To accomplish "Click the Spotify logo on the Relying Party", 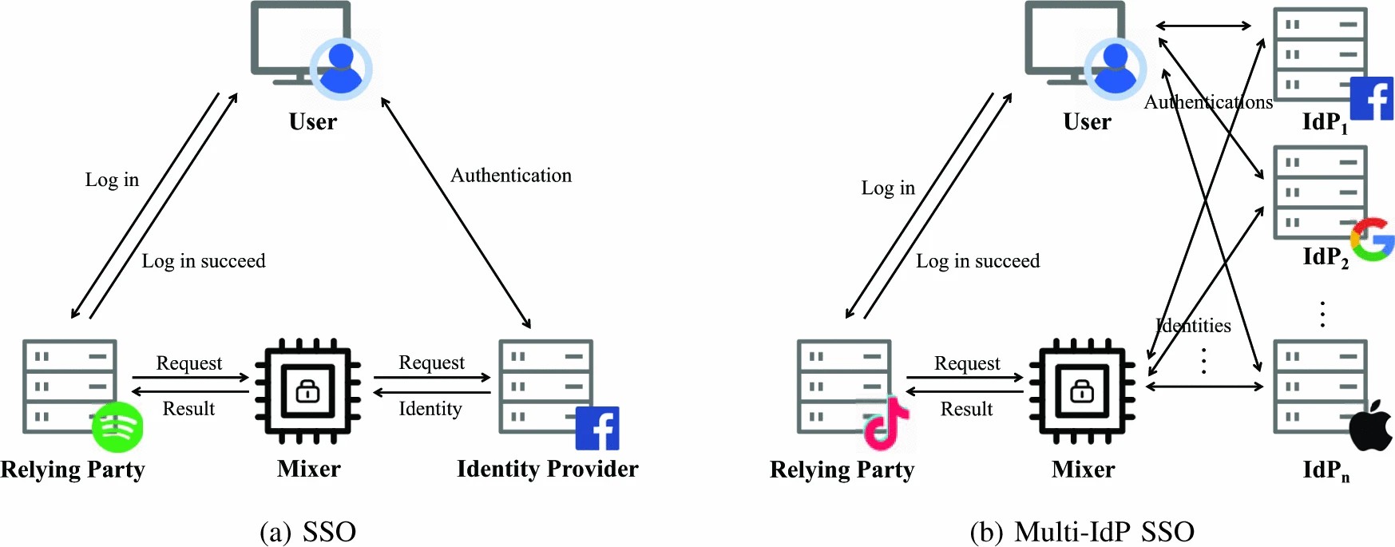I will pyautogui.click(x=117, y=427).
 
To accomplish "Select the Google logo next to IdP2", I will pyautogui.click(x=1373, y=240).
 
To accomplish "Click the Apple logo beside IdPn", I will pyautogui.click(x=1371, y=426).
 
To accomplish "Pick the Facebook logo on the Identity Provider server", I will pyautogui.click(x=597, y=429).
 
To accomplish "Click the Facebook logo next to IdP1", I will pyautogui.click(x=1372, y=98).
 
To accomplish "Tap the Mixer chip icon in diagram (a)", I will pyautogui.click(x=308, y=390).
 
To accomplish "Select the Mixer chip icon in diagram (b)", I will pyautogui.click(x=1082, y=390).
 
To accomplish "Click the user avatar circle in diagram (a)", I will pyautogui.click(x=341, y=68).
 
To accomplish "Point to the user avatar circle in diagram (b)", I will pyautogui.click(x=1115, y=68).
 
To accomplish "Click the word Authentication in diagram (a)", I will pyautogui.click(x=511, y=176).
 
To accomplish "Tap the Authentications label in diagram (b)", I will pyautogui.click(x=1208, y=102).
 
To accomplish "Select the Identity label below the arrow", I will pyautogui.click(x=430, y=409).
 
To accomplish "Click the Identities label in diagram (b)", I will pyautogui.click(x=1194, y=326).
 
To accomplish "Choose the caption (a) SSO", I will pyautogui.click(x=308, y=531).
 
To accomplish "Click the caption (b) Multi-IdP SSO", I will pyautogui.click(x=1082, y=531).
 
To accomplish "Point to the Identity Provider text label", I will pyautogui.click(x=547, y=469).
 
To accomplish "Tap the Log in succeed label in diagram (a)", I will pyautogui.click(x=204, y=261).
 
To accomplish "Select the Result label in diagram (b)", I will pyautogui.click(x=966, y=409).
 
